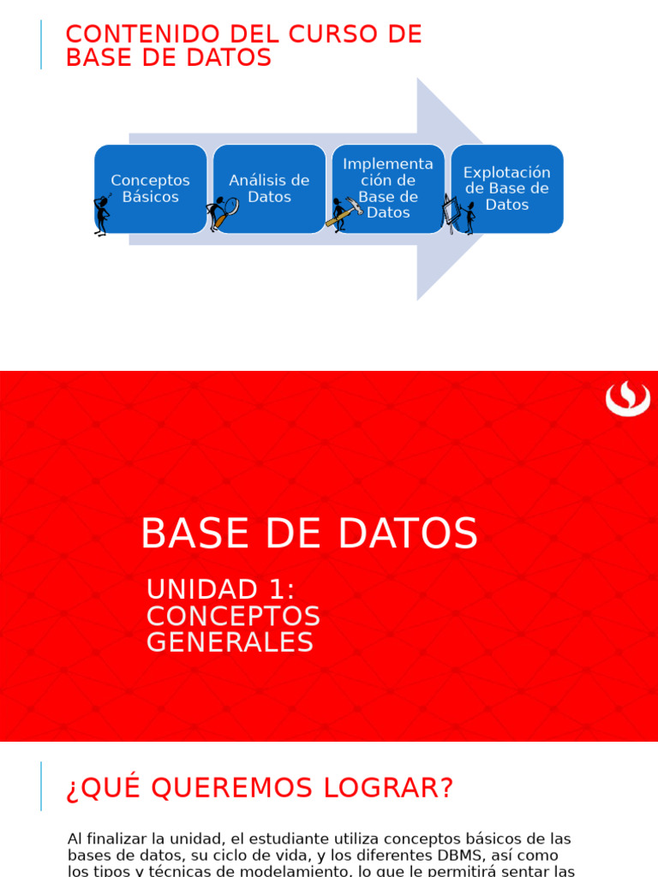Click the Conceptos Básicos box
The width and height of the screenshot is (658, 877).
[x=151, y=188]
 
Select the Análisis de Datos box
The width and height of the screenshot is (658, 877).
[x=269, y=188]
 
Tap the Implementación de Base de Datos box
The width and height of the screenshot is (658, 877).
[x=388, y=188]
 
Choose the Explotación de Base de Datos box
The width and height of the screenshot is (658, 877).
[x=507, y=188]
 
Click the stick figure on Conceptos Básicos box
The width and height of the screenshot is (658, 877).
[x=102, y=214]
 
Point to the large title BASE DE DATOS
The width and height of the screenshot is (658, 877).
[x=308, y=534]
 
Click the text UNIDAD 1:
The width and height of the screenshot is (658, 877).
[x=220, y=589]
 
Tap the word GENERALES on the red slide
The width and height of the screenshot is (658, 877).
[x=230, y=642]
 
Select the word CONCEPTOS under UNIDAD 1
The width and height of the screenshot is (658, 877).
[x=233, y=616]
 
